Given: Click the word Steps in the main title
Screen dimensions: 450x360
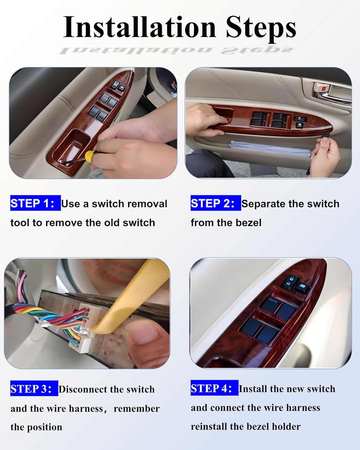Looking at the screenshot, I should pyautogui.click(x=260, y=28).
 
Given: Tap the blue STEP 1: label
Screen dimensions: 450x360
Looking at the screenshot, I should pyautogui.click(x=35, y=203).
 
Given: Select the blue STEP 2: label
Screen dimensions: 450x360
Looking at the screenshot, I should pyautogui.click(x=215, y=203).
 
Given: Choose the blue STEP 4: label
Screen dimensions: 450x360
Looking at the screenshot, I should pyautogui.click(x=214, y=388).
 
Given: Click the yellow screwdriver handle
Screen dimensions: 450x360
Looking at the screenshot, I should pyautogui.click(x=90, y=155).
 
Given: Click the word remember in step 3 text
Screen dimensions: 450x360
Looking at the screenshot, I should pyautogui.click(x=136, y=408).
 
